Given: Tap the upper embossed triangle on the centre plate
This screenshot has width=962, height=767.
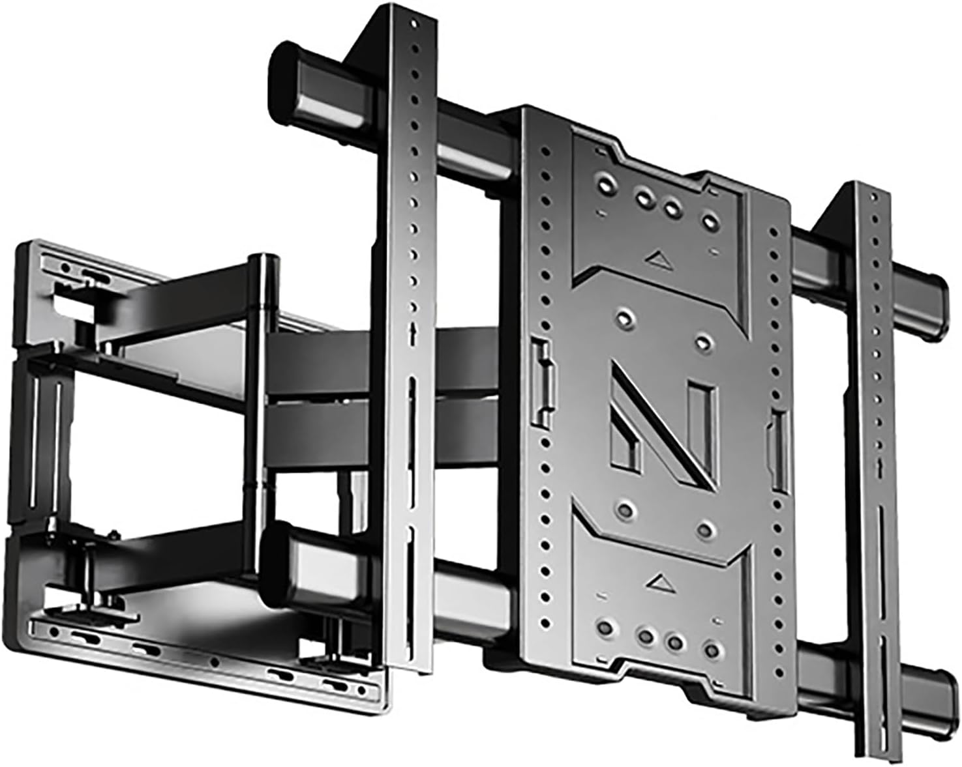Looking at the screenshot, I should (x=659, y=259).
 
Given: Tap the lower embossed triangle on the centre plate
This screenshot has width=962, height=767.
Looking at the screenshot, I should (x=659, y=578).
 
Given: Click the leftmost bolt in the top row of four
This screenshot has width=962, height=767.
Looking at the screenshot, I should (x=607, y=184).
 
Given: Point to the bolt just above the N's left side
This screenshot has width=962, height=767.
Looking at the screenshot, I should (x=625, y=319).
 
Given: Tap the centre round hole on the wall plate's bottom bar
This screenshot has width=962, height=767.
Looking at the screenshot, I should (x=214, y=661).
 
